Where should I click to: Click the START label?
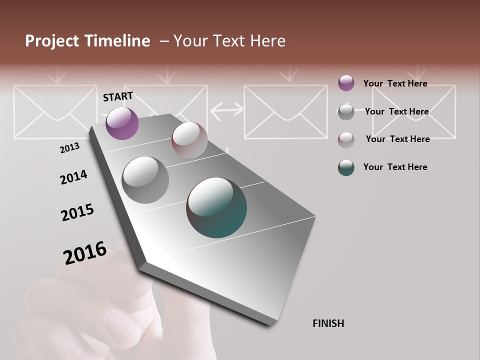pyautogui.click(x=118, y=96)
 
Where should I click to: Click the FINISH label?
pyautogui.click(x=328, y=323)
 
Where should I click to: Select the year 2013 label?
pyautogui.click(x=69, y=147)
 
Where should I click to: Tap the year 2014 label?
pyautogui.click(x=73, y=177)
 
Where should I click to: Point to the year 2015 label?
pyautogui.click(x=77, y=212)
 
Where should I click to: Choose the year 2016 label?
pyautogui.click(x=85, y=252)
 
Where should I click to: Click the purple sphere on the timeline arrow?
pyautogui.click(x=122, y=123)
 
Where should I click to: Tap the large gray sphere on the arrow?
pyautogui.click(x=145, y=180)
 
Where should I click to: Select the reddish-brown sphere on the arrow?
pyautogui.click(x=189, y=140)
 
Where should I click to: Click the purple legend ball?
pyautogui.click(x=346, y=83)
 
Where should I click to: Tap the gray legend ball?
pyautogui.click(x=346, y=112)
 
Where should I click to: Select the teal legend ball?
pyautogui.click(x=346, y=167)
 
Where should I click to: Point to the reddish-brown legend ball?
pyautogui.click(x=346, y=139)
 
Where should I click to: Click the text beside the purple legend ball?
pyautogui.click(x=395, y=83)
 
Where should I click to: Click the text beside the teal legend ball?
pyautogui.click(x=395, y=167)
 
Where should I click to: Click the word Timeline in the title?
pyautogui.click(x=118, y=41)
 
